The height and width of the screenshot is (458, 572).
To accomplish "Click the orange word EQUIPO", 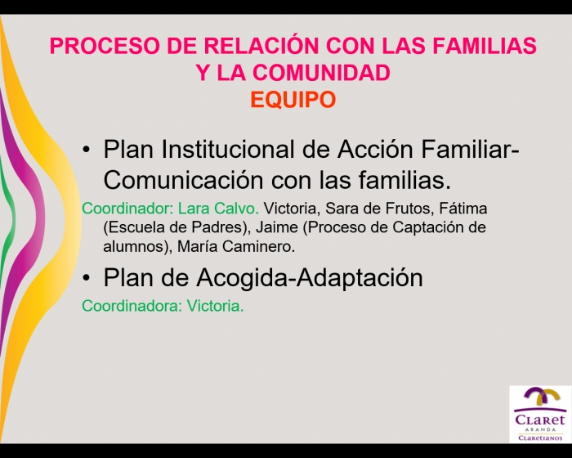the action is [293, 99].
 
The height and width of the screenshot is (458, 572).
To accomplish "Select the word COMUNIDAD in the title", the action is [321, 73].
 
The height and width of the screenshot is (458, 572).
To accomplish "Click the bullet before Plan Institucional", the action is [86, 150].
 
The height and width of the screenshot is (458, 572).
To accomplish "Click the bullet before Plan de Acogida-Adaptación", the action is [86, 278].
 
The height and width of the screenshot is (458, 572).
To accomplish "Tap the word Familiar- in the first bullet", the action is [470, 149].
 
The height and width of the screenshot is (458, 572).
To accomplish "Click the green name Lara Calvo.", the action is [218, 209].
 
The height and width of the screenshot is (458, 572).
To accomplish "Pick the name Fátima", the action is [463, 209].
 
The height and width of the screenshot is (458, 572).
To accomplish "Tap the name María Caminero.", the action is [236, 246].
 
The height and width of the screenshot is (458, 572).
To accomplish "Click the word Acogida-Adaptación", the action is [310, 278].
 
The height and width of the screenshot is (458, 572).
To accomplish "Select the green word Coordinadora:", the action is [132, 306].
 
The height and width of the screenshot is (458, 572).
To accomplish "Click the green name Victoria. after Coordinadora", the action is [215, 306].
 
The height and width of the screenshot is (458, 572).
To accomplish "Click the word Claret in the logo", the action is [540, 419].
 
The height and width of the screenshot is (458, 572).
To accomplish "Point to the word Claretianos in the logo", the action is [540, 438].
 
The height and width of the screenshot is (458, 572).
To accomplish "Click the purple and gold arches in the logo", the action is [541, 399].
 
